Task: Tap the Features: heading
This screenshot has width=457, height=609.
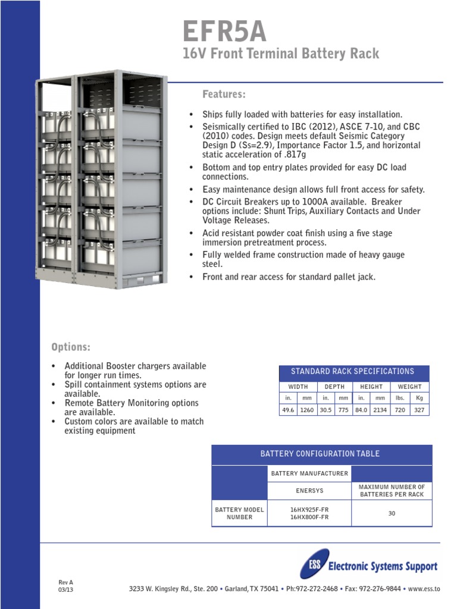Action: click(224, 95)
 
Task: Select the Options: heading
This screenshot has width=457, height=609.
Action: click(71, 347)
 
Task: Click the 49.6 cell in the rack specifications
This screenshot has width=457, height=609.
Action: click(288, 410)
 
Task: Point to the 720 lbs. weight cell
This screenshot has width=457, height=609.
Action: click(400, 410)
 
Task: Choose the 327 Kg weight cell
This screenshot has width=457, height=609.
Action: click(420, 410)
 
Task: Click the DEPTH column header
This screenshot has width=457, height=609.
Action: click(334, 387)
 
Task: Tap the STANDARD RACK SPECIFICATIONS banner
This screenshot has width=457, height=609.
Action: click(352, 372)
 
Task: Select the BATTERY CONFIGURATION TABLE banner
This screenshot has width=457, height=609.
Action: click(320, 454)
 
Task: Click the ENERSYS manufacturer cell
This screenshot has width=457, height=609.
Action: click(309, 491)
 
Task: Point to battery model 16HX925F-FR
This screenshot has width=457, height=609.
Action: click(309, 510)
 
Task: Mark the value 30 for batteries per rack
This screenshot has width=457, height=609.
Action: click(392, 513)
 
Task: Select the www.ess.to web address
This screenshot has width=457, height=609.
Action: click(424, 589)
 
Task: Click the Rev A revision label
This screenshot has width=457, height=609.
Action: click(65, 582)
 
